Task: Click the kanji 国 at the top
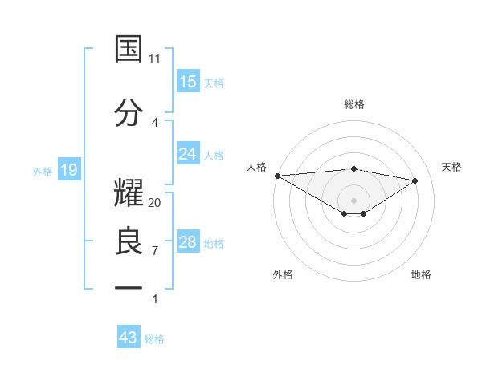pos(129,49)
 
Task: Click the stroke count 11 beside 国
pos(155,58)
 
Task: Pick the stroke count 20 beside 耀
pos(155,202)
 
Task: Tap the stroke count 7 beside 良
pos(155,250)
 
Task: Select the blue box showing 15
pos(188,82)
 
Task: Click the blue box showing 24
pos(188,154)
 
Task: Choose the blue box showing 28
pos(188,243)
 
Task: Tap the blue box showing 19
pos(68,170)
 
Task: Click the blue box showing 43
pos(129,338)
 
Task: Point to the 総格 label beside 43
pos(154,339)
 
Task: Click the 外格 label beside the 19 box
pos(43,171)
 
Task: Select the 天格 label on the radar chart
pos(452,167)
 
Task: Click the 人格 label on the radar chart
pos(256,167)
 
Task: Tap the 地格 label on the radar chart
pos(421,274)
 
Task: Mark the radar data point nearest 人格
pos(277,175)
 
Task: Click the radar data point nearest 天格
pos(415,180)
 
